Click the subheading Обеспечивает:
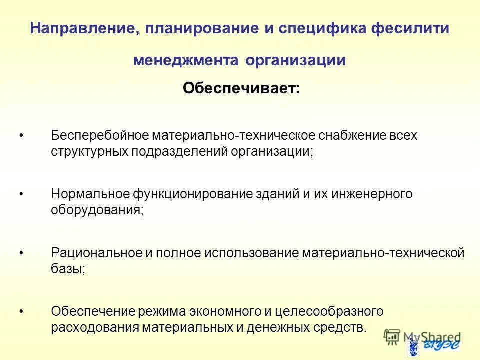click(x=241, y=89)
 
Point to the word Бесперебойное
click(x=100, y=136)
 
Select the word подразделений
click(x=180, y=151)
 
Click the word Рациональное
click(x=97, y=253)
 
